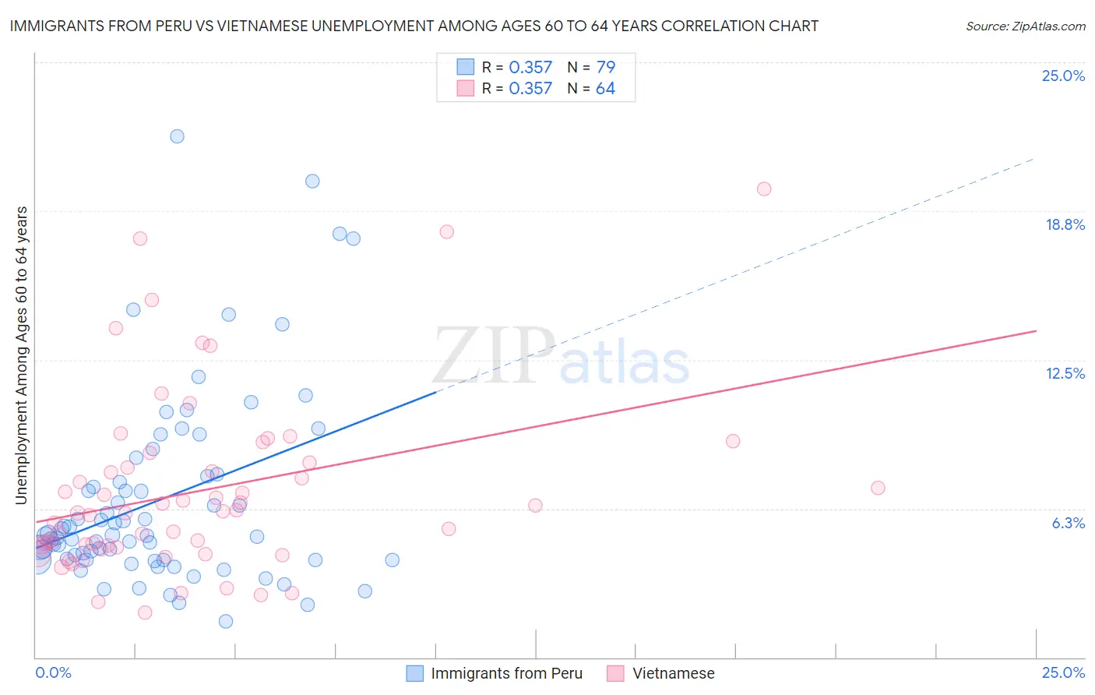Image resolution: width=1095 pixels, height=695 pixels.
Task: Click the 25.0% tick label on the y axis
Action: pos(1063,76)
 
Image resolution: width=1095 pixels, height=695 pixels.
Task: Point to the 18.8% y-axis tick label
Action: pos(1065,224)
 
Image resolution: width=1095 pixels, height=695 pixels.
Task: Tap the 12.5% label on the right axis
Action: pos(1065,373)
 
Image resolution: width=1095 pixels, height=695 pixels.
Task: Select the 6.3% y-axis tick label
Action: pos(1068,523)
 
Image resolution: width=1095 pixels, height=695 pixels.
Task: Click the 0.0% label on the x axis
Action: pos(53,672)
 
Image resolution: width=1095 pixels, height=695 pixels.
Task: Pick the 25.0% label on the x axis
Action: pos(1063,672)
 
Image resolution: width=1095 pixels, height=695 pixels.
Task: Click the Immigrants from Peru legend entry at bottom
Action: pos(506,673)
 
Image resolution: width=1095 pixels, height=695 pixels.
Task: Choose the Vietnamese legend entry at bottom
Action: pos(673,673)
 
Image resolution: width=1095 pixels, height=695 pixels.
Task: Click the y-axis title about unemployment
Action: pos(21,355)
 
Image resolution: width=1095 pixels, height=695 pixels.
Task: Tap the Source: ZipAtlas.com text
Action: pos(1025,26)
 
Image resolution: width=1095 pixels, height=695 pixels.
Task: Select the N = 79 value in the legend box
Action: pos(591,67)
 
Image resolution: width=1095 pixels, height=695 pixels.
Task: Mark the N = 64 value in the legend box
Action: pos(591,88)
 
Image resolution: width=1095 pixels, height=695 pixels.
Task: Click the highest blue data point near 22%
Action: pos(177,136)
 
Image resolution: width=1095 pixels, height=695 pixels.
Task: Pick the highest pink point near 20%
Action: pos(764,189)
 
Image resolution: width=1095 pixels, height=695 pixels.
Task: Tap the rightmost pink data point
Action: pos(878,488)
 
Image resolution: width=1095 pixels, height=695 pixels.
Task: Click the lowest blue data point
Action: pos(226,621)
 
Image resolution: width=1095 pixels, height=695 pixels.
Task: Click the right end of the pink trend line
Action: pos(1036,331)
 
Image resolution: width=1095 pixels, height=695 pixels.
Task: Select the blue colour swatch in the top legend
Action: pos(465,67)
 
